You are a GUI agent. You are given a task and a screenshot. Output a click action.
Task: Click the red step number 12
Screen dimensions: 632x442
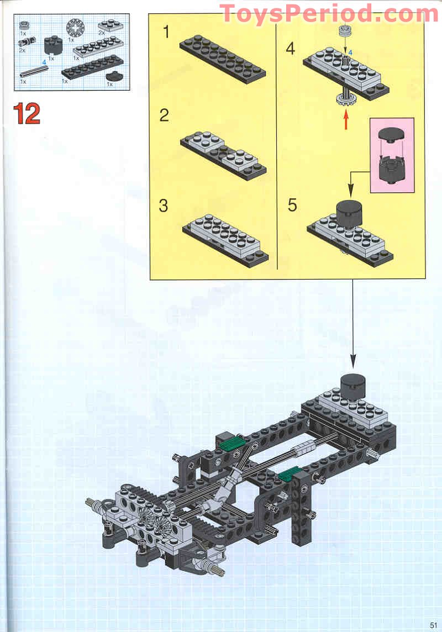27,113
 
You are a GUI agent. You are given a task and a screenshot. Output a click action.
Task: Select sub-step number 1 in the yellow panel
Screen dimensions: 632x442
166,32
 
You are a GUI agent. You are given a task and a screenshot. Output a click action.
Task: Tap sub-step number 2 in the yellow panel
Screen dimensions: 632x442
164,115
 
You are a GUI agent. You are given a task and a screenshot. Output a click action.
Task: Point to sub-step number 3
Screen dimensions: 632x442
164,206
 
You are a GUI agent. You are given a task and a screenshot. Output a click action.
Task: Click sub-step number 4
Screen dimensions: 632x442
291,49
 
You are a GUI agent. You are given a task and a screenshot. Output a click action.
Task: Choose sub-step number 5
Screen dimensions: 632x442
292,206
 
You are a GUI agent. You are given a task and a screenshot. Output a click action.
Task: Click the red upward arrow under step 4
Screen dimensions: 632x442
346,120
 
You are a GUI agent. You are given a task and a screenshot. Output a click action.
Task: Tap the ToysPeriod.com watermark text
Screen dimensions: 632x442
329,13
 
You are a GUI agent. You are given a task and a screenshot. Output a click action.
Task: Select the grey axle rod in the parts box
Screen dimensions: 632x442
34,72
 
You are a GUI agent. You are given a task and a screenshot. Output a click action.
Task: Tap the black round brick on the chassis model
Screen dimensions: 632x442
354,384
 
